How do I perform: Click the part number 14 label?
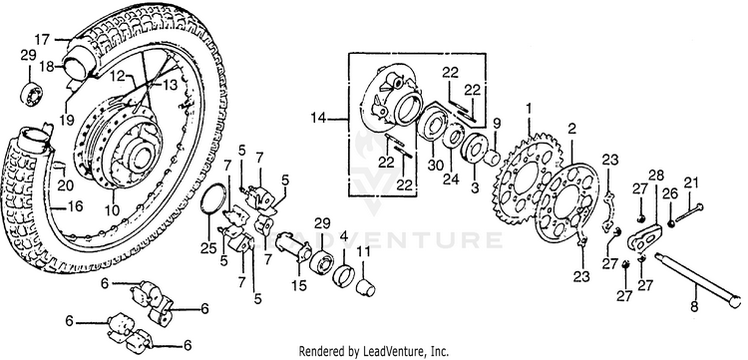tap(319, 118)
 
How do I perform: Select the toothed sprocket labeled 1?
tap(528, 179)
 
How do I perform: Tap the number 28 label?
tap(656, 175)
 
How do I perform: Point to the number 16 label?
tap(76, 206)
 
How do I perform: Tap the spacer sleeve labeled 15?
tap(293, 246)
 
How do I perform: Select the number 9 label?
tap(497, 124)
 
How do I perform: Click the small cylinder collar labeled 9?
tap(492, 159)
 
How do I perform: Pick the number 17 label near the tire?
tap(42, 39)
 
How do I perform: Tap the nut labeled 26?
tap(671, 222)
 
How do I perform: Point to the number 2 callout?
tap(572, 129)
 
